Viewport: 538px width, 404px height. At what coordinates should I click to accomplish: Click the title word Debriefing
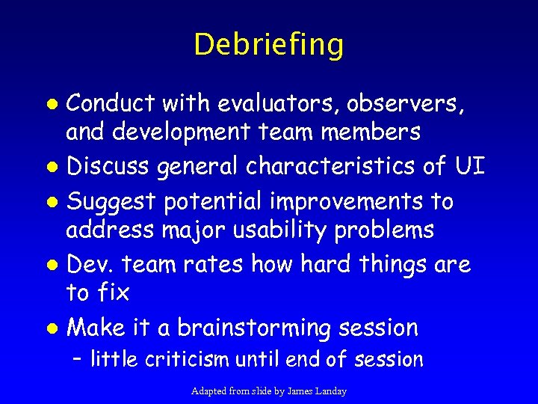point(268,45)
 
